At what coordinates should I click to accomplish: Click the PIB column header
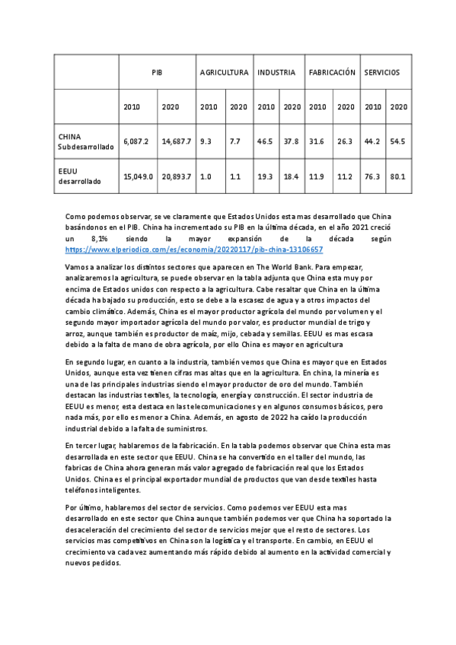[x=158, y=72]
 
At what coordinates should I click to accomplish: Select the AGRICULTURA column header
[x=224, y=72]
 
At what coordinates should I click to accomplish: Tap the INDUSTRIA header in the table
[x=276, y=72]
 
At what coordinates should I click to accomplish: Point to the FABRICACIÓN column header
[x=332, y=72]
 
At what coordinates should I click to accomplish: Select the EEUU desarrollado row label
[x=75, y=176]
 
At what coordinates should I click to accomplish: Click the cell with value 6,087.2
[x=136, y=141]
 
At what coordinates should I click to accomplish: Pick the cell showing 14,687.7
[x=176, y=141]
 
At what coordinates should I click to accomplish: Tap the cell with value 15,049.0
[x=138, y=176]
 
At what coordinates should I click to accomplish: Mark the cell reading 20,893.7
[x=176, y=176]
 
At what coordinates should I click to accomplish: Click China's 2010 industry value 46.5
[x=266, y=141]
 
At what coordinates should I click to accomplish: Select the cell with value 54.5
[x=398, y=141]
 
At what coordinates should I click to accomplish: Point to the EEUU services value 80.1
[x=398, y=176]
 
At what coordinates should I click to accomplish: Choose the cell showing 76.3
[x=373, y=176]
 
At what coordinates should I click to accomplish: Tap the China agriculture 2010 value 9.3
[x=206, y=141]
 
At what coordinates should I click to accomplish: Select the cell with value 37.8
[x=292, y=141]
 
